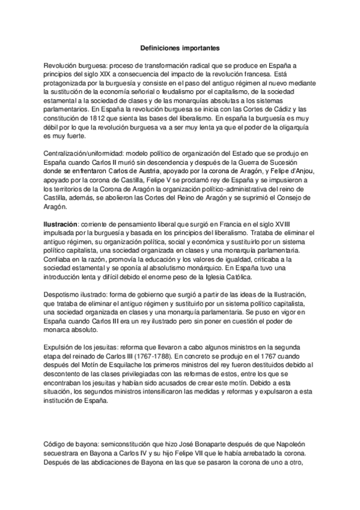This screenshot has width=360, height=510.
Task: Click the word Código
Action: coord(58,444)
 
